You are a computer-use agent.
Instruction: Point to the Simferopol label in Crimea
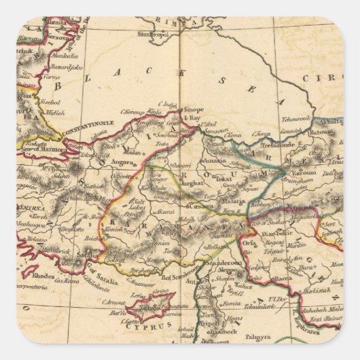pyautogui.click(x=155, y=32)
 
